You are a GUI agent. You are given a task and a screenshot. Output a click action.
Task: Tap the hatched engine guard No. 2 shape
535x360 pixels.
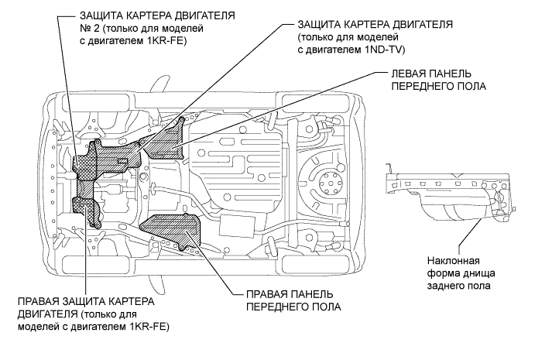coord(105,159)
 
